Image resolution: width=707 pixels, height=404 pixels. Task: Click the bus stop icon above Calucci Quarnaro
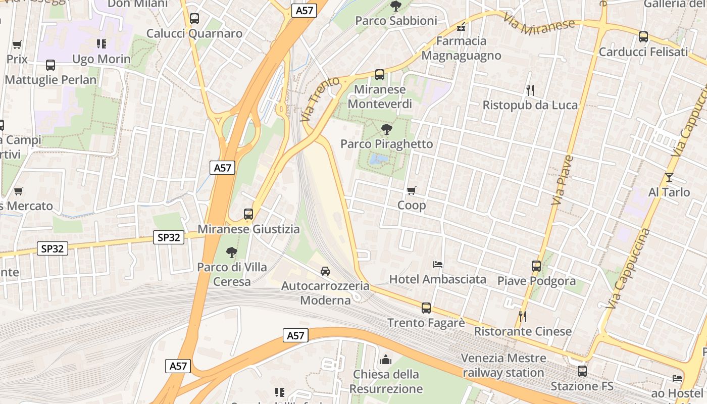click(x=194, y=19)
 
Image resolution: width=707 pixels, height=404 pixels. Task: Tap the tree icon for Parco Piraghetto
click(x=387, y=129)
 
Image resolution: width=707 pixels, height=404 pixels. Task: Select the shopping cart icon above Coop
click(x=412, y=191)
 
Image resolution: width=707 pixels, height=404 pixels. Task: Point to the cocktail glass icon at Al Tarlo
click(x=669, y=177)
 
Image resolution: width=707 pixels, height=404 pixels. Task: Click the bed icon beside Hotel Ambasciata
click(x=438, y=264)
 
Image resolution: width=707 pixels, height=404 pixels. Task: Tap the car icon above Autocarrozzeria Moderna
click(x=325, y=271)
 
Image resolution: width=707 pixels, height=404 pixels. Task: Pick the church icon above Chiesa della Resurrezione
click(x=386, y=360)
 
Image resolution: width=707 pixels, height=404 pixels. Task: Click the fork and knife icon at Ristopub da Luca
click(x=530, y=90)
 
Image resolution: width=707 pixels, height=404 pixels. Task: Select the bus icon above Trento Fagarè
click(x=426, y=308)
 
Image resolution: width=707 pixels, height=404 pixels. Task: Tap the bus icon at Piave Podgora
click(x=536, y=266)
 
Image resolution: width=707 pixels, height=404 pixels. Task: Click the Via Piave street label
click(x=563, y=180)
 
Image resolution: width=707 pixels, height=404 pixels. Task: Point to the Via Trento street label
click(x=314, y=99)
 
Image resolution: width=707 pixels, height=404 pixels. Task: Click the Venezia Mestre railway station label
click(x=504, y=366)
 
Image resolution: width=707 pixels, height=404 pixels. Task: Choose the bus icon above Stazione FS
click(x=582, y=371)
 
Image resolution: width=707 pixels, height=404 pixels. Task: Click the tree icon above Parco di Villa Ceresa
click(x=232, y=252)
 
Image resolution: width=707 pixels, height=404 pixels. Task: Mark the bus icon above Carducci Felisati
click(x=643, y=37)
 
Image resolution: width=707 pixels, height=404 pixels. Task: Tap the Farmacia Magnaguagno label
click(x=461, y=48)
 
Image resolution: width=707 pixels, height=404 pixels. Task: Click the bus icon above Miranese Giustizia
click(x=248, y=214)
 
